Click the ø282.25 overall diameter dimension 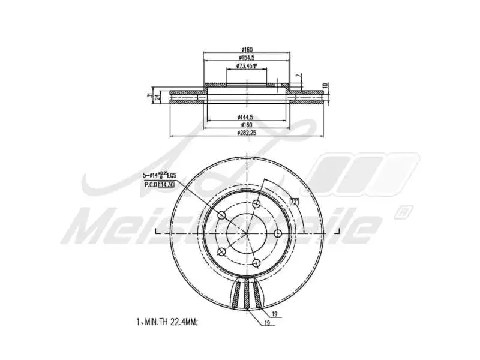pos(247,133)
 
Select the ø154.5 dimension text pos(247,58)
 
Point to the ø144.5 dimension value pos(247,116)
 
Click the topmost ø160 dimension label pos(247,50)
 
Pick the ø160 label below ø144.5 pos(247,124)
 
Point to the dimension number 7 pos(298,76)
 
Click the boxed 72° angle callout pos(294,201)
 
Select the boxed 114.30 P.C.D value pos(166,185)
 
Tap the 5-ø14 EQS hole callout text pos(159,176)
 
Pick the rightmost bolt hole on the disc pos(278,233)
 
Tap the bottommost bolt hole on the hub pos(256,262)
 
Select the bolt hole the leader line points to pos(221,215)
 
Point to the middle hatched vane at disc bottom pos(247,295)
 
